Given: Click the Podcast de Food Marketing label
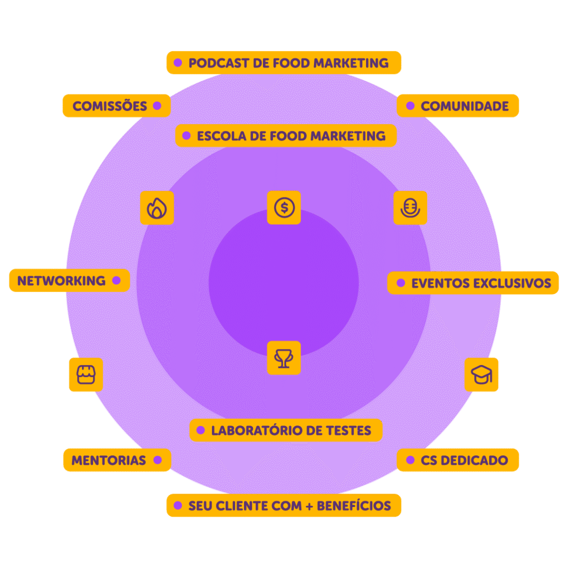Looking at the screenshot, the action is coord(283,63).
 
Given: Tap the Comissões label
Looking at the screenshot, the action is coord(116,106).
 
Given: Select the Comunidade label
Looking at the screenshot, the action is coord(458,106).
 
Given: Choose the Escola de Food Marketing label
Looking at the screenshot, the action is coord(286,135).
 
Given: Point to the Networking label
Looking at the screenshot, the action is coord(69,280).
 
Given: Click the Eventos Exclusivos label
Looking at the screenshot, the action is coord(473,283).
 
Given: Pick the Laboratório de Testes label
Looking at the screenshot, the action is coord(286,430).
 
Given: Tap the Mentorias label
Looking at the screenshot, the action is coord(117,460).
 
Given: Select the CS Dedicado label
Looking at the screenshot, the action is coord(458,460).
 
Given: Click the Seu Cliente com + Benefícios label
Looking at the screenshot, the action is coord(283,505).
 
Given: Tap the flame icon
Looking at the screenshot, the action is coord(157,208).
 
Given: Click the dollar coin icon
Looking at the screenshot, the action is coord(284,207).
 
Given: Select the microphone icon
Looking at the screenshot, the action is coord(410,208).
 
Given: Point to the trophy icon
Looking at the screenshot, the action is coord(283,358).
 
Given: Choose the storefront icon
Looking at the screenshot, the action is coord(86,374).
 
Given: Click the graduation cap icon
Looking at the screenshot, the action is coord(481,374).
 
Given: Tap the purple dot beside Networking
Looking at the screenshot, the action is coord(116,280).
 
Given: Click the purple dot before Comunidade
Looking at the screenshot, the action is coord(410,106).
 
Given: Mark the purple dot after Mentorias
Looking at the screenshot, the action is coord(158,460).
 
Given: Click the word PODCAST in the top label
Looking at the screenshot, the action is coord(219,63).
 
